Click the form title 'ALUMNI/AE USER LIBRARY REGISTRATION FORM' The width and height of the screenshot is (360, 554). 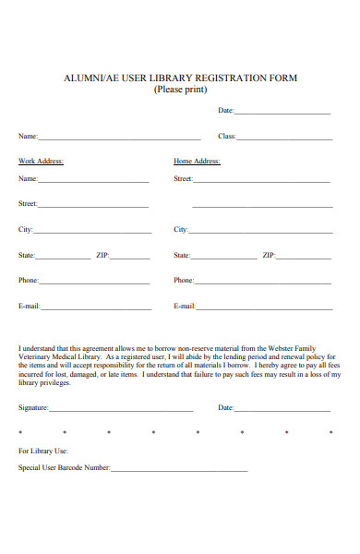click(x=180, y=78)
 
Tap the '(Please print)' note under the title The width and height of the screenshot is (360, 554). click(x=180, y=90)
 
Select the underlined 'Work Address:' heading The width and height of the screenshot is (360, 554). click(x=41, y=161)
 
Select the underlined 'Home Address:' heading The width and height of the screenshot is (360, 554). click(x=197, y=161)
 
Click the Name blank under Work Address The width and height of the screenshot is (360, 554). click(x=93, y=181)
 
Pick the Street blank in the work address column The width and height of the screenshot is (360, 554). click(x=93, y=206)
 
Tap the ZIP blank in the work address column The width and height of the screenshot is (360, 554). click(x=130, y=257)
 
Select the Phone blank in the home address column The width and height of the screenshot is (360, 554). click(x=263, y=282)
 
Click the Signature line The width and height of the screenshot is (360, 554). click(x=121, y=409)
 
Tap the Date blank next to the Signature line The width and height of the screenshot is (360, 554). click(x=282, y=409)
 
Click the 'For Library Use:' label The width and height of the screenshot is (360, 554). click(x=43, y=451)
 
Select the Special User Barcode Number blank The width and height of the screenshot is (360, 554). click(x=179, y=470)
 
